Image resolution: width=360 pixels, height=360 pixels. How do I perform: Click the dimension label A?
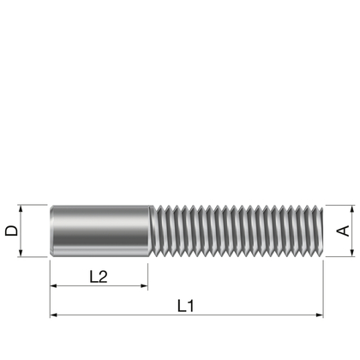coord(343,231)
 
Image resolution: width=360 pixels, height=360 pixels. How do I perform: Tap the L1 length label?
coord(186,304)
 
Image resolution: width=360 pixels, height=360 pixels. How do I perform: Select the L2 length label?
coord(99,276)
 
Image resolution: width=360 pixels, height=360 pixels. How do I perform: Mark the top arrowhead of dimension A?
coord(350,209)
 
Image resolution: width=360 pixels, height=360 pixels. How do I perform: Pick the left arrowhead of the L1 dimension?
coord(54,315)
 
